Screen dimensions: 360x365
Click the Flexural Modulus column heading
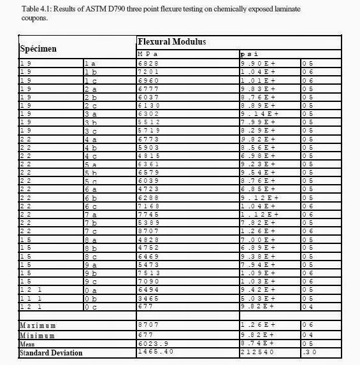(x=171, y=41)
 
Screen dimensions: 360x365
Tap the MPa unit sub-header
(x=148, y=55)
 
